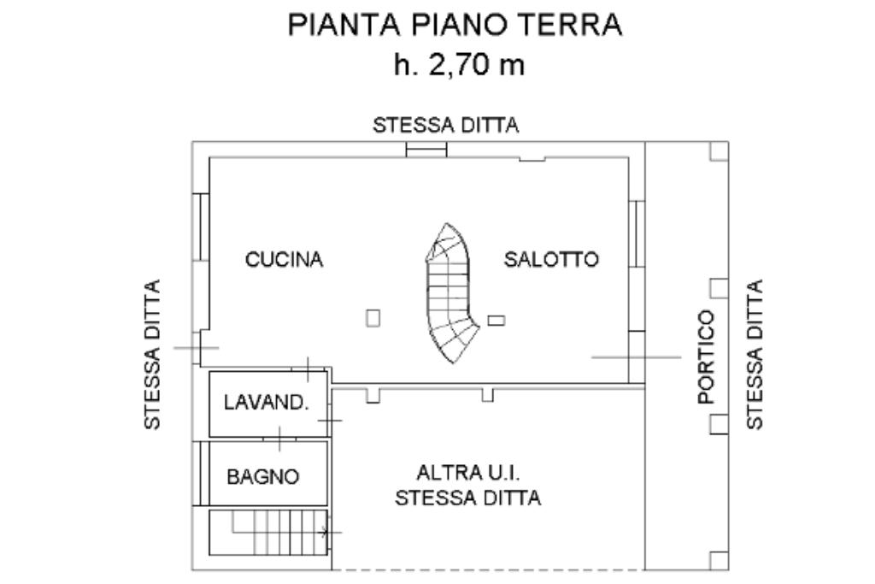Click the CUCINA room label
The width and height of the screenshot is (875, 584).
[284, 260]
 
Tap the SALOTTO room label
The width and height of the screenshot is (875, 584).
[551, 259]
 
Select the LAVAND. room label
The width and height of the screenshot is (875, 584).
[267, 402]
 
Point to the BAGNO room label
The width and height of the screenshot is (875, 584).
[263, 477]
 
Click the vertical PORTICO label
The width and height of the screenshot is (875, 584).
[707, 357]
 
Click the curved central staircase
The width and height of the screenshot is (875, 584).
[449, 293]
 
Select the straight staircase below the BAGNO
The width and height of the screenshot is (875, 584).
[268, 532]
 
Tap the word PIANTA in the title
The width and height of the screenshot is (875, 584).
[344, 25]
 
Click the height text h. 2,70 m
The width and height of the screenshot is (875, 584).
[459, 65]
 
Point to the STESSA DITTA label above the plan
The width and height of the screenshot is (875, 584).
[446, 125]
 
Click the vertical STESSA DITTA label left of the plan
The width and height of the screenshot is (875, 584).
[152, 355]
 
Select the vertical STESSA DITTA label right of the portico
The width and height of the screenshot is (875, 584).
[755, 355]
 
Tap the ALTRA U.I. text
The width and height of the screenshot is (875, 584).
[468, 474]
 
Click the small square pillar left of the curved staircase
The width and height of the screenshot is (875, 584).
[373, 318]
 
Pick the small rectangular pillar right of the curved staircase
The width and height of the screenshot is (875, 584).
[496, 321]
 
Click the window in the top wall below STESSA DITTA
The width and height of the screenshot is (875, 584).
[426, 150]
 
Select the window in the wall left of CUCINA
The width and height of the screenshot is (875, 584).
[201, 227]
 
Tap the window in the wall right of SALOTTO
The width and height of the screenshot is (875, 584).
[637, 234]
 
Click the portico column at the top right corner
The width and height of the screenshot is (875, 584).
[719, 151]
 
